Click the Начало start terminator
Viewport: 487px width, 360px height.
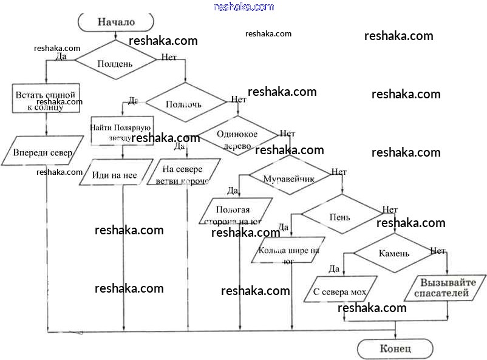pos(115,22)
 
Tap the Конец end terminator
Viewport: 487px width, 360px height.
pos(395,348)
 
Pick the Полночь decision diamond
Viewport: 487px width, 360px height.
pos(184,103)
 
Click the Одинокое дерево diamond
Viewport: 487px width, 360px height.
pos(237,139)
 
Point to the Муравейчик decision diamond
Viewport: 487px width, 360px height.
pos(288,178)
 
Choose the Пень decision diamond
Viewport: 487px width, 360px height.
pos(339,217)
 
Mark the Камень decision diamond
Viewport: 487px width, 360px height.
pos(394,253)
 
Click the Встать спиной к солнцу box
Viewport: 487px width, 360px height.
pos(46,99)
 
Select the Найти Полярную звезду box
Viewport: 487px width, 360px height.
pos(122,131)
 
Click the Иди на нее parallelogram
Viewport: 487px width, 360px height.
pos(115,175)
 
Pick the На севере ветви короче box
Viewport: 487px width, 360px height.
pos(183,175)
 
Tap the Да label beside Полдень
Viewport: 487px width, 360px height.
pos(61,56)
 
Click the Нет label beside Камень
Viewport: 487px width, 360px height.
pos(438,250)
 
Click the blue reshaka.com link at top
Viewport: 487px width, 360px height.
pos(244,7)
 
